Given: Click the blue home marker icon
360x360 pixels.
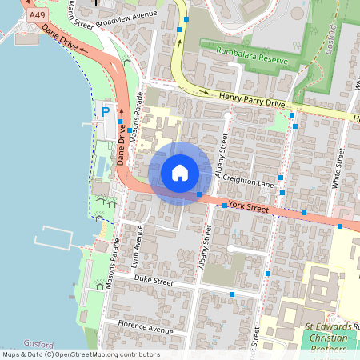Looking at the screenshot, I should (180, 173).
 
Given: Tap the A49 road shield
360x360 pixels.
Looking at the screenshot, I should (36, 15).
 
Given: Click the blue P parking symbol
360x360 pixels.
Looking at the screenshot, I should (105, 111).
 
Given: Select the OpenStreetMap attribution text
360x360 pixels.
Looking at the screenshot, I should (81, 354).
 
